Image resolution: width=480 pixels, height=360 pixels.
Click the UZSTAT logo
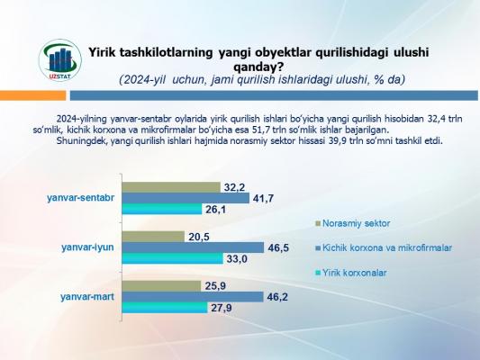(x=60, y=60)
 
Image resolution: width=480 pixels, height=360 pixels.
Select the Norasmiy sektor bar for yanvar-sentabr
(x=171, y=187)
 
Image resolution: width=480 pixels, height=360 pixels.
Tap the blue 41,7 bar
(x=186, y=198)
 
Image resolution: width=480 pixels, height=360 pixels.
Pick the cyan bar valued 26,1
(x=162, y=209)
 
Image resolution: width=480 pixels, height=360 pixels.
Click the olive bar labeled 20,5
(x=153, y=237)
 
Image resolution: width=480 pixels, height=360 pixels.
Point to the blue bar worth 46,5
(x=193, y=247)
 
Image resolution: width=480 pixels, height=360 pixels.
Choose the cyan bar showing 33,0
(x=173, y=258)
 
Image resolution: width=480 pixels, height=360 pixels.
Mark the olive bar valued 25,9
(x=161, y=286)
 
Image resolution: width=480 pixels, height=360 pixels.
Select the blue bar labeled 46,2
(x=193, y=297)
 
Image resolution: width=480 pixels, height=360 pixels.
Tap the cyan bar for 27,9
(x=165, y=308)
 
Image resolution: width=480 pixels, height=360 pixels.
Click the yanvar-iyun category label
(x=87, y=247)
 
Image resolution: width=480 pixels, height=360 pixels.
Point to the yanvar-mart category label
(x=87, y=297)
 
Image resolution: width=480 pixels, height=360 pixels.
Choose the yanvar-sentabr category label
(x=81, y=198)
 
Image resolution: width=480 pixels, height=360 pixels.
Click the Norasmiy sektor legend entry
(x=352, y=223)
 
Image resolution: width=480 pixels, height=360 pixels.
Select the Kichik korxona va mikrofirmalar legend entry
(x=384, y=247)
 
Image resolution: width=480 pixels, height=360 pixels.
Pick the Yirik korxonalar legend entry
(x=351, y=273)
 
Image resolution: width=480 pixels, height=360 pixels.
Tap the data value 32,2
(x=234, y=187)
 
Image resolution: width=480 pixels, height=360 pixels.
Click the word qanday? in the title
(x=258, y=67)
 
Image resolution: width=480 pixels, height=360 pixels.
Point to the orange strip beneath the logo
(x=32, y=95)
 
